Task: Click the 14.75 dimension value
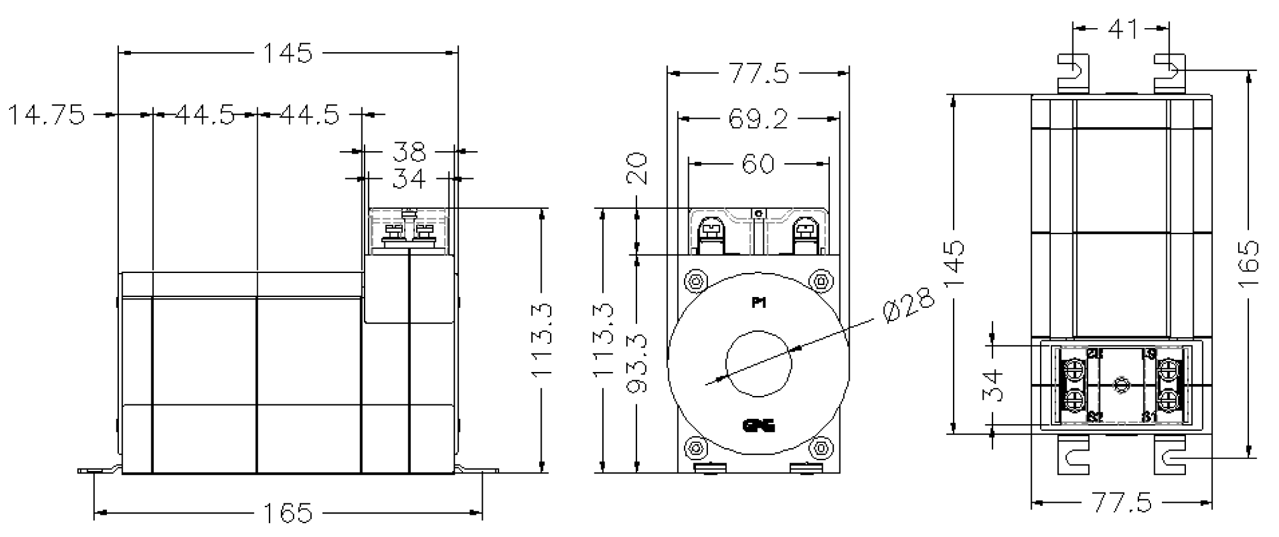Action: coord(47,114)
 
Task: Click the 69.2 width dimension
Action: coord(758,119)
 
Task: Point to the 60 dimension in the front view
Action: coord(758,163)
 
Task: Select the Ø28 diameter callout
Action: coord(910,305)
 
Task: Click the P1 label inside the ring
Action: coord(759,304)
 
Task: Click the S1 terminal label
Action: coord(1149,416)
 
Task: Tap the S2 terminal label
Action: coord(1095,416)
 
